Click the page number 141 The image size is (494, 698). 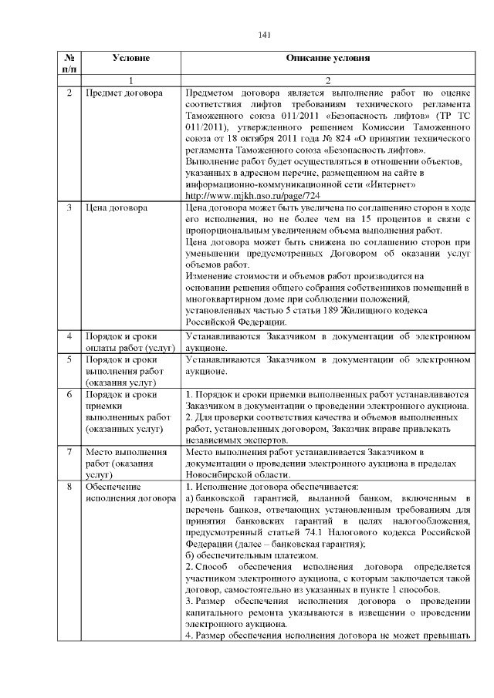[x=265, y=34]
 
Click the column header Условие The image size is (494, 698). [x=130, y=58]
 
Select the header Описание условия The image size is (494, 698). [x=328, y=58]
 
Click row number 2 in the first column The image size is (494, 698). [x=69, y=93]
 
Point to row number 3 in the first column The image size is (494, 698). [x=69, y=208]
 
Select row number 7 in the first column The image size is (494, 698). [x=69, y=451]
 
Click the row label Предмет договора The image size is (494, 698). [x=124, y=93]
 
